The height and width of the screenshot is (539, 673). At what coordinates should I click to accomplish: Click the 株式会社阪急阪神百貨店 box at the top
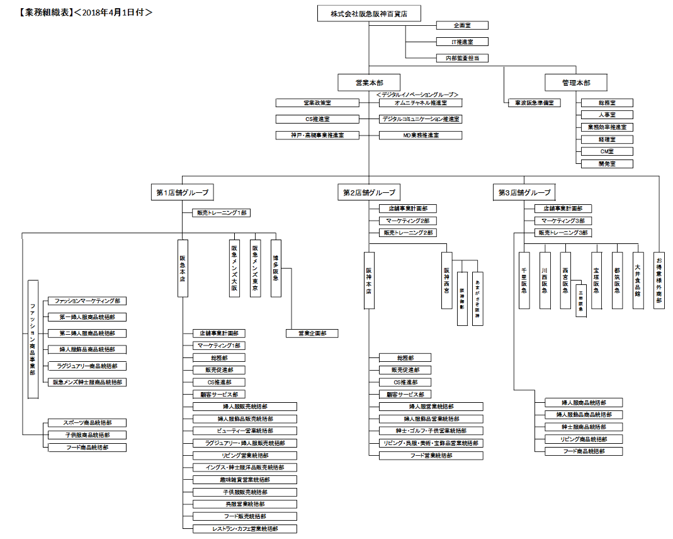tap(369, 14)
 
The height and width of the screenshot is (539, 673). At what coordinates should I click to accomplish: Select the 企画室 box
tap(462, 26)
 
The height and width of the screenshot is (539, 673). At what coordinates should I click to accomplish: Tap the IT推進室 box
tap(462, 42)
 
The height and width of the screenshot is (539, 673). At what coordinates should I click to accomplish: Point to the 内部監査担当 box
tap(462, 58)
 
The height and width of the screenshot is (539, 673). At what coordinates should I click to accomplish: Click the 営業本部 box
tap(369, 83)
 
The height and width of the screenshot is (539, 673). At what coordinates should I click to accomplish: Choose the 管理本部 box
tap(576, 83)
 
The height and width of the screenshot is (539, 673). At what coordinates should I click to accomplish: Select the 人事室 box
tap(606, 115)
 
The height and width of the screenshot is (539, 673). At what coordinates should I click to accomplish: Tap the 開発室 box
tap(606, 163)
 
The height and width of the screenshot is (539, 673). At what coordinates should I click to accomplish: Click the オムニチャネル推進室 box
tap(420, 103)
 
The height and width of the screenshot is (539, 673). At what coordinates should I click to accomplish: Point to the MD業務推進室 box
tap(420, 135)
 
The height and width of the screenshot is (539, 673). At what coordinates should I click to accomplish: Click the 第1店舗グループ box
tap(182, 192)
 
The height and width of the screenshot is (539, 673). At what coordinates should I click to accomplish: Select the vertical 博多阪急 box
tap(276, 268)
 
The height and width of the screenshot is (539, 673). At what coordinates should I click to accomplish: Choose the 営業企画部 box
tap(312, 333)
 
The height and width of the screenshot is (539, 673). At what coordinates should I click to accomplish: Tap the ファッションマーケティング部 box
tap(86, 301)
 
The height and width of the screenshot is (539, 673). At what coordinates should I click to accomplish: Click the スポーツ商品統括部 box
tap(86, 422)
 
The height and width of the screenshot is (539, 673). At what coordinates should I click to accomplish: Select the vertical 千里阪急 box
tap(524, 280)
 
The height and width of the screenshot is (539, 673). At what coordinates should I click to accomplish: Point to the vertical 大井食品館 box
tap(638, 277)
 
